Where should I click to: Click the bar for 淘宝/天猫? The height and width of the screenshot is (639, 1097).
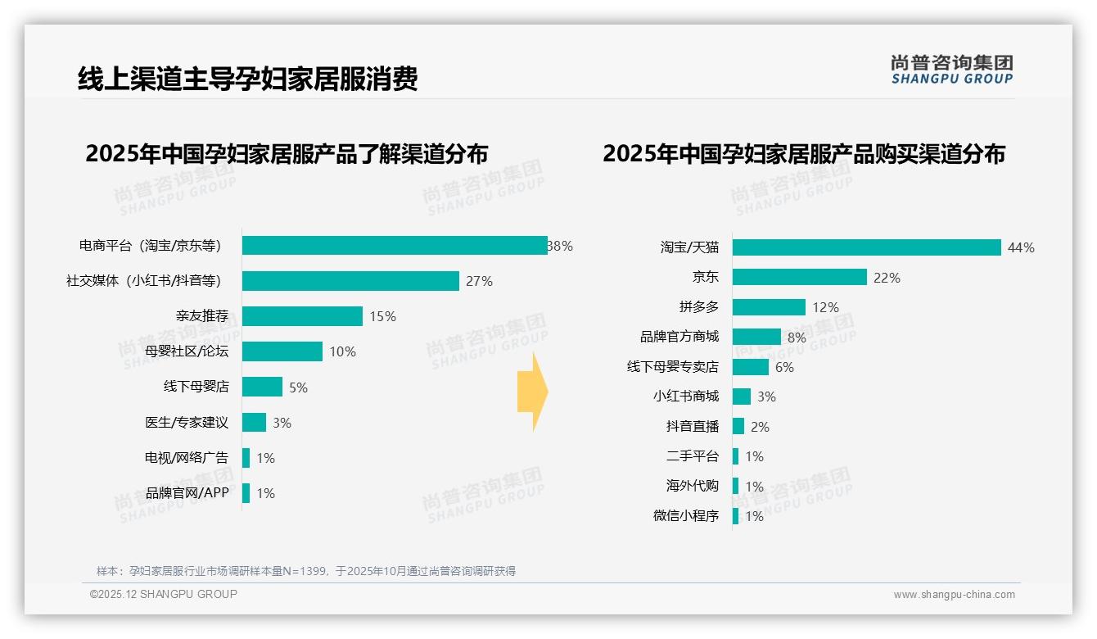(x=866, y=247)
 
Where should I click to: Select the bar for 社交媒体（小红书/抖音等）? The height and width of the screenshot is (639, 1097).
(x=350, y=281)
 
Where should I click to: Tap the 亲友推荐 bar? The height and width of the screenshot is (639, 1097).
(x=302, y=316)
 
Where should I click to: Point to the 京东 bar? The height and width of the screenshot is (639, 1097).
(x=799, y=278)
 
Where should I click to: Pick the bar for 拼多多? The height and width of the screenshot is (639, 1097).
(x=769, y=307)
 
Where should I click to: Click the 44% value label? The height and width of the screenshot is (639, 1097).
(x=1021, y=247)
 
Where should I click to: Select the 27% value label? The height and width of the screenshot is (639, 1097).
(x=479, y=281)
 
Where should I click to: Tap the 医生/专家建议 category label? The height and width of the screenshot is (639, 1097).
(x=187, y=423)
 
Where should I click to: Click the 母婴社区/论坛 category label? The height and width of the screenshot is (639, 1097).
(x=187, y=351)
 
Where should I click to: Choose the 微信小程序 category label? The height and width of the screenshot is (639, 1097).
(x=686, y=516)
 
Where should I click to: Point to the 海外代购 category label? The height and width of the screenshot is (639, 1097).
(x=693, y=486)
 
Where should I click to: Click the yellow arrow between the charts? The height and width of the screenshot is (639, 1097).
(x=533, y=392)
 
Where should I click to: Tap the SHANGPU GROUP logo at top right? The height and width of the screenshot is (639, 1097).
(x=951, y=70)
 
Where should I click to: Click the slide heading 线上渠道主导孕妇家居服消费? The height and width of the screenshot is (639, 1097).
(x=247, y=79)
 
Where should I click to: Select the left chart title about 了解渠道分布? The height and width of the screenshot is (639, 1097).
(x=287, y=154)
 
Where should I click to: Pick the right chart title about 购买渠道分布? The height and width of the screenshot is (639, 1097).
(x=804, y=154)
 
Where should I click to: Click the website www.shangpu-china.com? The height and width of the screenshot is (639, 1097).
(x=954, y=595)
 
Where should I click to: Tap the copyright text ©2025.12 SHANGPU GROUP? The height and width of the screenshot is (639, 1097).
(x=164, y=594)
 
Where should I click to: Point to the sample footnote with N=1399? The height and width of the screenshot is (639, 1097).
(x=306, y=571)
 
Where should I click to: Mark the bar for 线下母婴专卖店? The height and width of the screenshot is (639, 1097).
(x=751, y=367)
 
